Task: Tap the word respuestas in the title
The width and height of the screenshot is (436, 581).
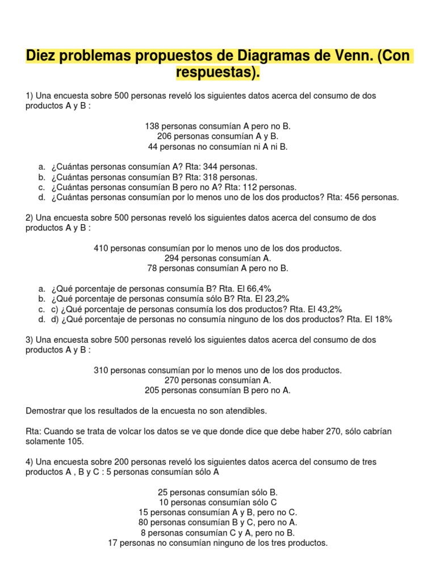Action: coord(215,73)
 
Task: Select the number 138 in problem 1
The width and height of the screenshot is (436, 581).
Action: coord(153,127)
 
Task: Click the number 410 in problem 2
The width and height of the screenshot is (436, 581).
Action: coord(101,249)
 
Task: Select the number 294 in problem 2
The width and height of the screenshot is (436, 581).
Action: coord(173,258)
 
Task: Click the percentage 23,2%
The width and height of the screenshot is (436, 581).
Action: coord(280,299)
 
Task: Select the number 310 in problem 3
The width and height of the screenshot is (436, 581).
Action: coord(101,370)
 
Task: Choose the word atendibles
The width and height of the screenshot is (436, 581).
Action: coord(246,410)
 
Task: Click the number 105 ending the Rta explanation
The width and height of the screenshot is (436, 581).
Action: coord(75,441)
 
